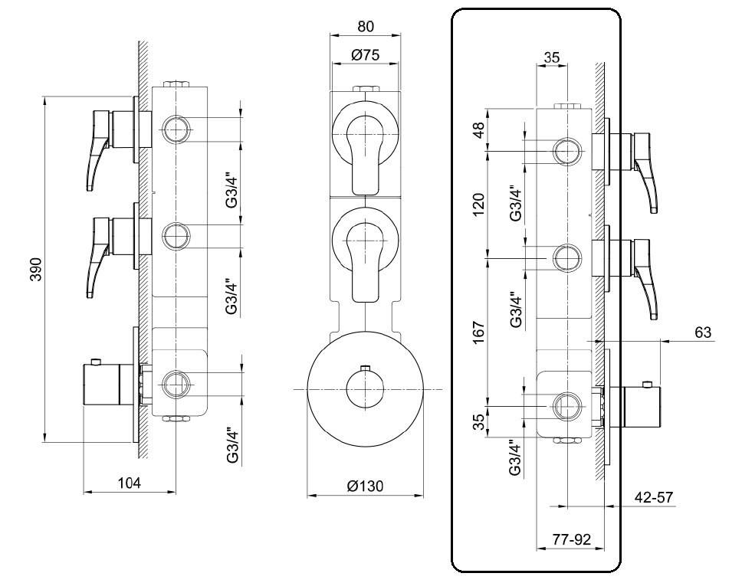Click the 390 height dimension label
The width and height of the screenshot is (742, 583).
click(37, 269)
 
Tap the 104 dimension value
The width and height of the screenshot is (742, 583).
click(130, 483)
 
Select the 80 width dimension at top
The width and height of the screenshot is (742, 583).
click(366, 27)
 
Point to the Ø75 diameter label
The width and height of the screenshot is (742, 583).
click(366, 55)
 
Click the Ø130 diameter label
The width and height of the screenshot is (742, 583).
click(365, 486)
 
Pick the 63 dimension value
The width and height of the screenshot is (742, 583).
click(703, 332)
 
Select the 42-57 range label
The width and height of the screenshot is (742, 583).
click(654, 497)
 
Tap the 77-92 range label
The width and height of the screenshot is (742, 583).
click(572, 539)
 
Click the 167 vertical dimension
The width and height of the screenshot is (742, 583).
click(479, 332)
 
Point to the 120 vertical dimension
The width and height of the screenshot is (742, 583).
click(479, 205)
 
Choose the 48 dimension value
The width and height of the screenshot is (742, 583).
click(479, 129)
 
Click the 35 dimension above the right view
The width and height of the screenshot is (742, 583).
click(552, 57)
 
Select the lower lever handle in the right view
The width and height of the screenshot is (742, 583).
click(645, 279)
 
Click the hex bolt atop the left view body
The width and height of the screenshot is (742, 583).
click(176, 84)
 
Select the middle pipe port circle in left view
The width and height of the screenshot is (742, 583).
click(176, 235)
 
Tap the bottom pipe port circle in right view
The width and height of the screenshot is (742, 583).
click(566, 406)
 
